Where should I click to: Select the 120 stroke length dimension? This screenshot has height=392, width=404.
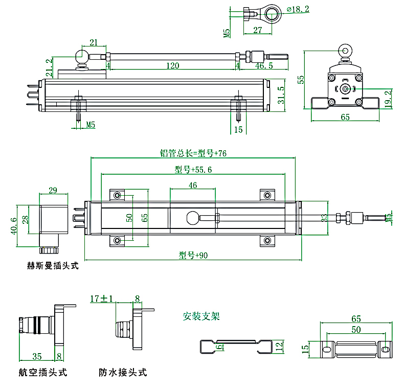point(172,65)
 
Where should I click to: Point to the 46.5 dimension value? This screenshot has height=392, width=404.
point(264,65)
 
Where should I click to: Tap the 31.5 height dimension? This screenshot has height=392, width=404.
point(281,95)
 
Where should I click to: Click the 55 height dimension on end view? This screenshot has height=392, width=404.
point(301,79)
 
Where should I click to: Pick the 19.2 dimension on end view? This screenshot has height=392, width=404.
point(388,97)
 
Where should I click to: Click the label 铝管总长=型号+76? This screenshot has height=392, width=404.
point(193,153)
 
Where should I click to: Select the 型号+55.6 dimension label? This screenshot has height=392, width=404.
point(193,169)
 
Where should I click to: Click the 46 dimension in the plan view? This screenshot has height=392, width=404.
point(193,185)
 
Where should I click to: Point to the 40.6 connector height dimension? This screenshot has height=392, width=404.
point(14,225)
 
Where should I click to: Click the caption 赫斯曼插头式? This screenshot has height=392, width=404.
point(53,266)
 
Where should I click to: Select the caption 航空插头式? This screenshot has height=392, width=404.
point(42,373)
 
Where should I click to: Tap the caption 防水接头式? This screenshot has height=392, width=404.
point(123,373)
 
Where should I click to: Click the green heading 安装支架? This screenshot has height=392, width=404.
point(201,316)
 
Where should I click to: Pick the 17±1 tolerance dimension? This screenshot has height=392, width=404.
point(101,298)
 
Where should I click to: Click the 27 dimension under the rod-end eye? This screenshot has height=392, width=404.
point(257,31)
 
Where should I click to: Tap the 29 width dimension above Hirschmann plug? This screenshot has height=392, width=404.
point(53,190)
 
